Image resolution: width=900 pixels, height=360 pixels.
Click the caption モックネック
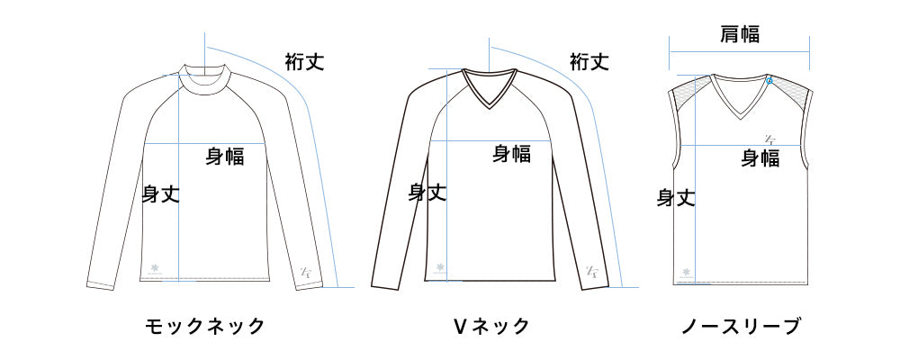[x=205, y=326]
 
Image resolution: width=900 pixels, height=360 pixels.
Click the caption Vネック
[x=490, y=326]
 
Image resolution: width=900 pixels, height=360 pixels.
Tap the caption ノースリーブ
[x=740, y=326]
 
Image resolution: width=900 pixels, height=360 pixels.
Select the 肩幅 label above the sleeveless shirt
[x=740, y=34]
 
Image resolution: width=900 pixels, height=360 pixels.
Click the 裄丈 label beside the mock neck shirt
[x=304, y=62]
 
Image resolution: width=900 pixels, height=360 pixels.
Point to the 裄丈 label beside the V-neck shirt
[x=589, y=62]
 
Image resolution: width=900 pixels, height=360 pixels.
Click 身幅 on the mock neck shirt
[x=225, y=156]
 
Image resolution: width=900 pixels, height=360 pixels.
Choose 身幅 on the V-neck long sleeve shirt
[x=511, y=154]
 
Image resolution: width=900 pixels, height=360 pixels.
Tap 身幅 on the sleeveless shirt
[x=760, y=158]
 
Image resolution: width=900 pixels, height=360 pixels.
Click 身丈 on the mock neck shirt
[x=161, y=193]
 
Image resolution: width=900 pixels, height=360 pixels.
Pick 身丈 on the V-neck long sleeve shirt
[x=427, y=191]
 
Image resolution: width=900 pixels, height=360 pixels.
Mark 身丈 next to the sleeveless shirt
[x=675, y=197]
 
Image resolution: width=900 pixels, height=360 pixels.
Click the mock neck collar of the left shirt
[x=205, y=79]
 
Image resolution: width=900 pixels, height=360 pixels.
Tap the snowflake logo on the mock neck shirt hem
[x=154, y=267]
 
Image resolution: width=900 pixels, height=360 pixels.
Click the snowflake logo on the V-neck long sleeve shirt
[x=440, y=267]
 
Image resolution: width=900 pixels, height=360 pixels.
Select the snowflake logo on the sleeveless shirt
[x=687, y=272]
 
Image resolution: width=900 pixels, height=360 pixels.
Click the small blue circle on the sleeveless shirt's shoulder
[x=769, y=81]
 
